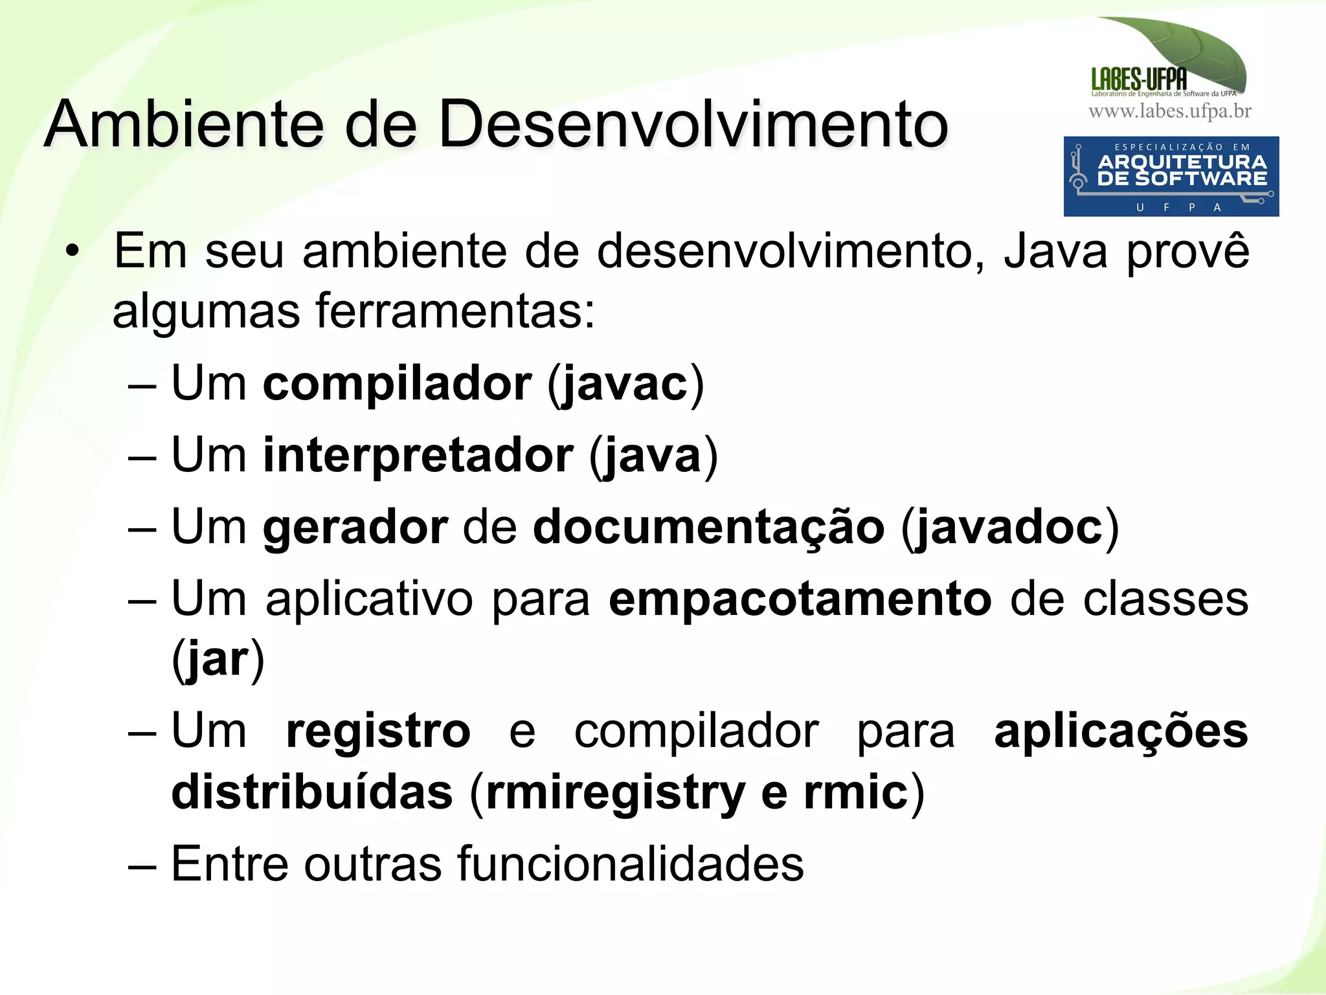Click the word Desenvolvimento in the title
pos(693,124)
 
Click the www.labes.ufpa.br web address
pos(1170,111)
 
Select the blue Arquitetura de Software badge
pos(1171,176)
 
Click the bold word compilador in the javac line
pos(397,385)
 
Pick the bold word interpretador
pos(418,456)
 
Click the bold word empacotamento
pos(800,599)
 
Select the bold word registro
pos(378,732)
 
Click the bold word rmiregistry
pos(615,793)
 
